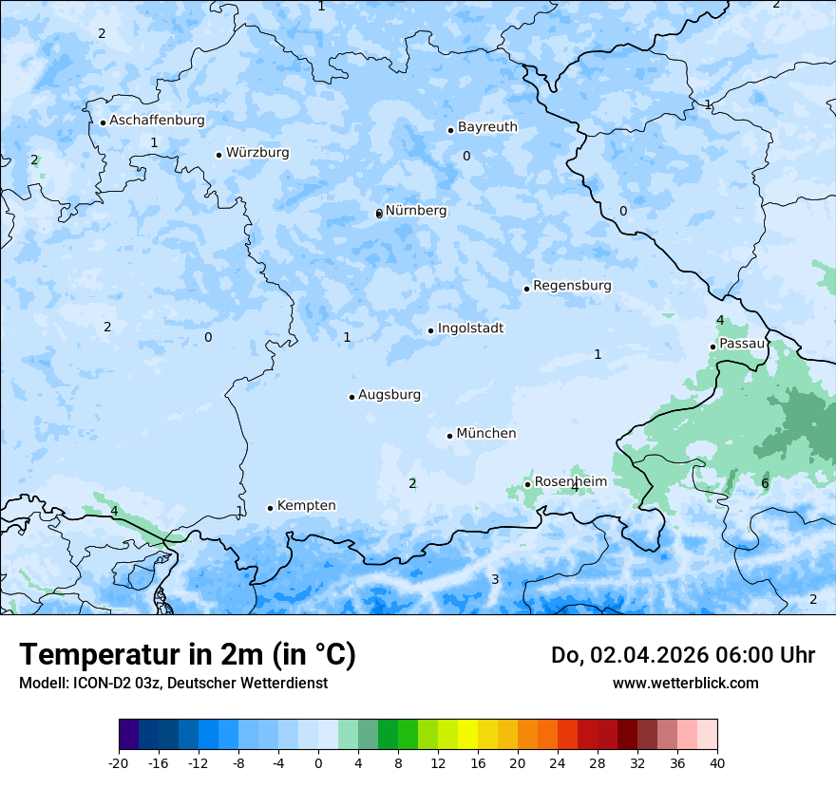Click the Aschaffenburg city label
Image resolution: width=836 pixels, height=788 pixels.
[x=157, y=121]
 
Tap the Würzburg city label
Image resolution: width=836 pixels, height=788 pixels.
[x=257, y=153]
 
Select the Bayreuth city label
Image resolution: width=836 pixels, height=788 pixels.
[x=487, y=127]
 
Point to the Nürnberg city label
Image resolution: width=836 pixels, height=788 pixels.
[x=416, y=211]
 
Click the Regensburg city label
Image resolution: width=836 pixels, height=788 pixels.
[x=572, y=286]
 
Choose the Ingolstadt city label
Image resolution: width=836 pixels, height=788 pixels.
[x=470, y=328]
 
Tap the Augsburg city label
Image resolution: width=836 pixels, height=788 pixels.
[x=389, y=395]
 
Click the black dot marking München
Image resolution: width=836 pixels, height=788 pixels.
[x=450, y=436]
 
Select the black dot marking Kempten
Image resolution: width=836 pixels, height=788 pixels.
[x=271, y=508]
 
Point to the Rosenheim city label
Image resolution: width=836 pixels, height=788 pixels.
[x=570, y=482]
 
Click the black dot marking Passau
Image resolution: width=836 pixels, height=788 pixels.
[x=713, y=347]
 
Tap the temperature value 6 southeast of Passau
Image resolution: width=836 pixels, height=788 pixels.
[x=765, y=484]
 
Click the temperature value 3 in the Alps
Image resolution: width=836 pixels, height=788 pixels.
[x=495, y=579]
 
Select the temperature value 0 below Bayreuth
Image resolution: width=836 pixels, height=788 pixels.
[x=466, y=157]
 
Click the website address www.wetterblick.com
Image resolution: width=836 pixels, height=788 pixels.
[x=685, y=684]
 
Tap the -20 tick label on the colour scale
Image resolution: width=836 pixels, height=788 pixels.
[x=119, y=762]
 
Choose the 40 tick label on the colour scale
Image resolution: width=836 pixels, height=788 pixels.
[x=716, y=762]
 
